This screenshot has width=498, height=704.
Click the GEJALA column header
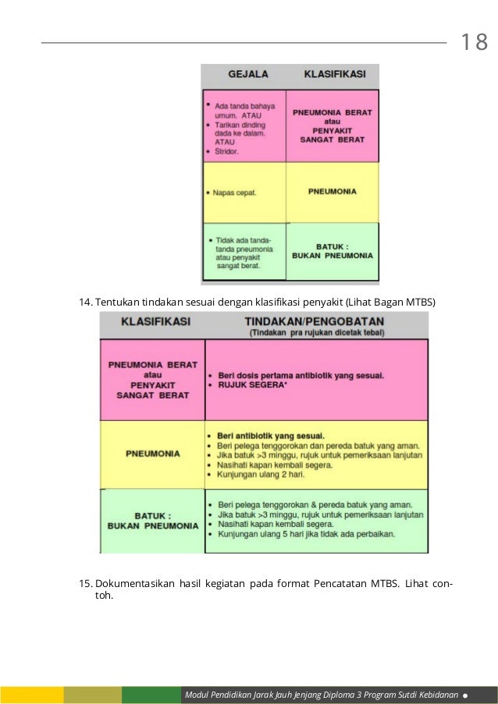[x=247, y=75]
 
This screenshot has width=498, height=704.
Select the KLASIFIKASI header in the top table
[x=333, y=75]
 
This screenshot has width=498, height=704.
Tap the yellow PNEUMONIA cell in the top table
[x=333, y=191]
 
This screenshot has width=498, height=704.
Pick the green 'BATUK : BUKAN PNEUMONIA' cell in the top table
[x=333, y=250]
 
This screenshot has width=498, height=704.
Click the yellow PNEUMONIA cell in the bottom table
[x=153, y=453]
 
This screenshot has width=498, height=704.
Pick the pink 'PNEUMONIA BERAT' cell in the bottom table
[x=153, y=380]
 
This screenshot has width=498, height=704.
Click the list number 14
[x=86, y=301]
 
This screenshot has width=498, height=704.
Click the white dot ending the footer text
[x=465, y=693]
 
